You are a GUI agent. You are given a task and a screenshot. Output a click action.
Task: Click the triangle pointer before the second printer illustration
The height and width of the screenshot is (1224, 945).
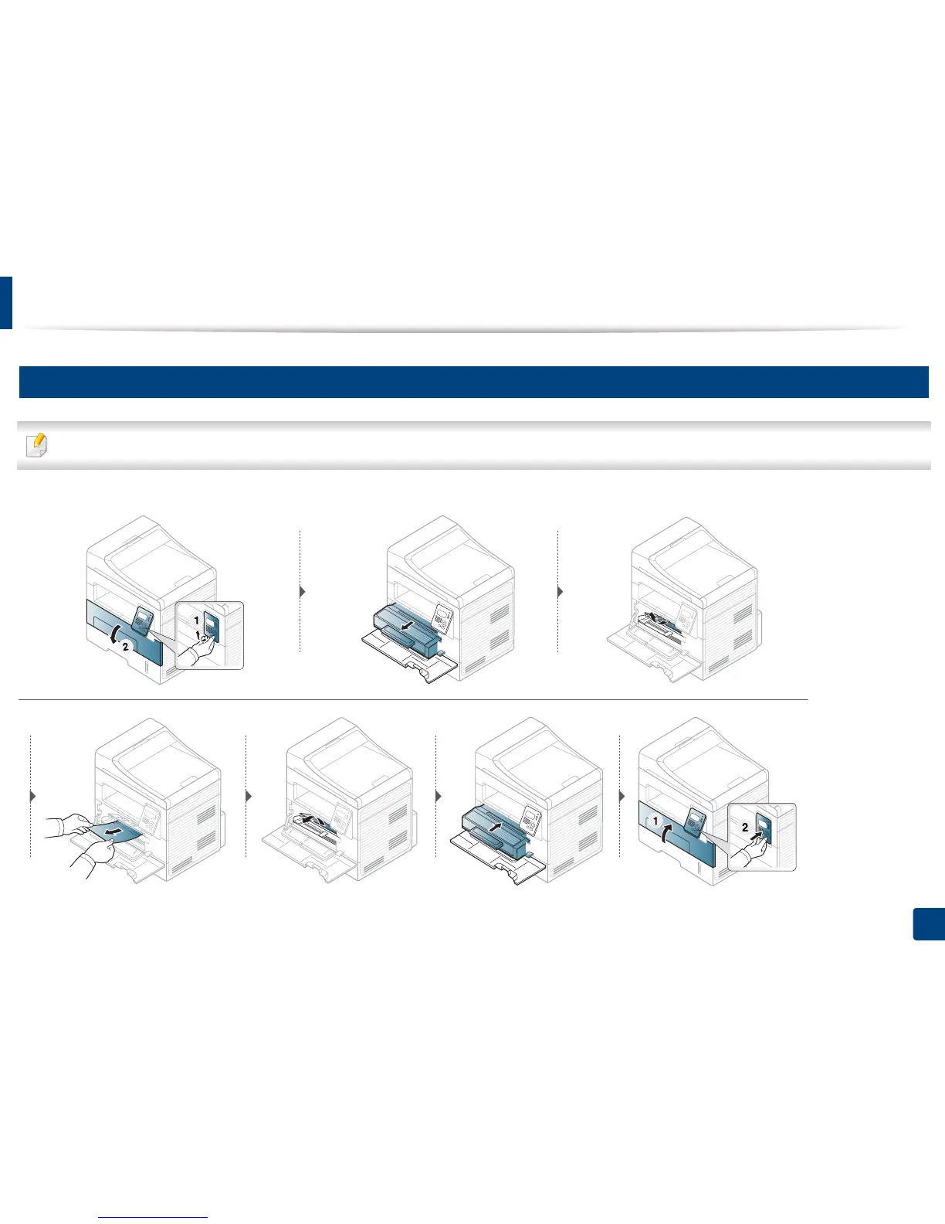click(x=302, y=591)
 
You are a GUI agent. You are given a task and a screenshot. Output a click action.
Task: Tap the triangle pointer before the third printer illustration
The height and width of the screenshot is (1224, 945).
click(x=560, y=591)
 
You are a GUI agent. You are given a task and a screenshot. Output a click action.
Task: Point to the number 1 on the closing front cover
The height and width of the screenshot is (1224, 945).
click(x=655, y=822)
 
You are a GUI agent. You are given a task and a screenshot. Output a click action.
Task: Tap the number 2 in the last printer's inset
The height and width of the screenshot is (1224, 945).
click(x=745, y=828)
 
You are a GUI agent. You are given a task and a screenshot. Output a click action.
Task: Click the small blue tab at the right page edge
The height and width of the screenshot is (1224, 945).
click(x=929, y=924)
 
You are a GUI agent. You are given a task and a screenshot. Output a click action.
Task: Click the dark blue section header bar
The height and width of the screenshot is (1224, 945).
click(x=472, y=382)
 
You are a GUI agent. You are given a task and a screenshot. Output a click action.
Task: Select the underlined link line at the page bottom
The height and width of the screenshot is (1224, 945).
click(x=154, y=1218)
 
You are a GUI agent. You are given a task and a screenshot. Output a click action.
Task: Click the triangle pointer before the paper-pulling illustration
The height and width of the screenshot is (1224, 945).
click(x=33, y=796)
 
